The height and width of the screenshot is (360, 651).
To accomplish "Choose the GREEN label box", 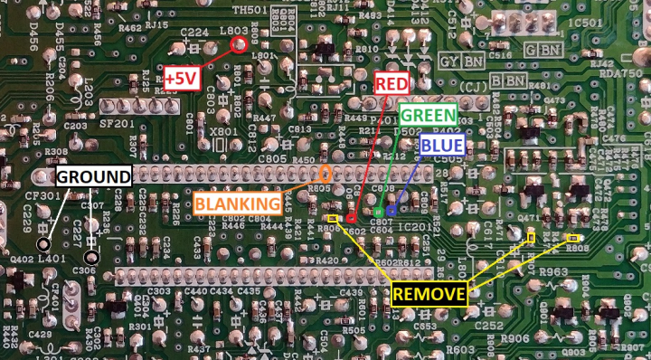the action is point(428,116).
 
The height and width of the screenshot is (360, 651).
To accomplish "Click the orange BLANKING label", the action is point(236,204).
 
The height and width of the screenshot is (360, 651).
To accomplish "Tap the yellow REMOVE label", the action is point(429,293).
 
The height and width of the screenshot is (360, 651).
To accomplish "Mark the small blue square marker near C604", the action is point(392,212).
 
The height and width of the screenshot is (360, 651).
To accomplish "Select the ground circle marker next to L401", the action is point(42,245).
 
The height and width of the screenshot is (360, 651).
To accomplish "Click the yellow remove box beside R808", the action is point(573,239).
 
